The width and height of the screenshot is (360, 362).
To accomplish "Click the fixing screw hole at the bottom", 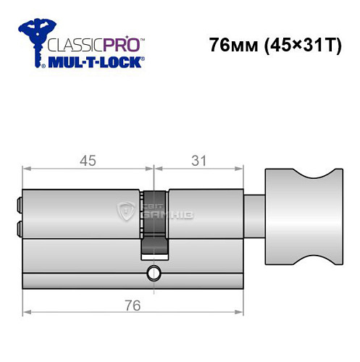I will pyautogui.click(x=153, y=273).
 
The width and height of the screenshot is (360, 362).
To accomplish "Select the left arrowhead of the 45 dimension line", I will pyautogui.click(x=27, y=169).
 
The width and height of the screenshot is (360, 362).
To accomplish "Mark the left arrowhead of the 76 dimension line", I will pyautogui.click(x=27, y=312).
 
